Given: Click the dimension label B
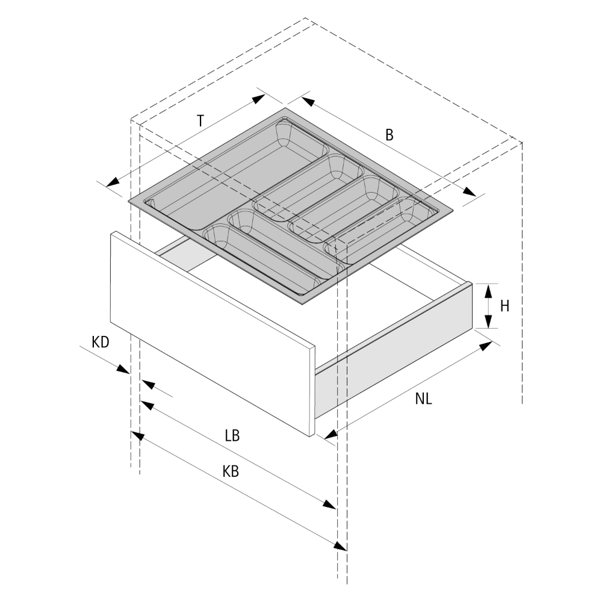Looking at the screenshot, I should [389, 135].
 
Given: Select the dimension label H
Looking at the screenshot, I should [504, 306].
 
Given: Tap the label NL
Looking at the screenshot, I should [424, 399].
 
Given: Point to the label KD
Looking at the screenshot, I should [101, 343].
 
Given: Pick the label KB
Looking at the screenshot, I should [231, 472].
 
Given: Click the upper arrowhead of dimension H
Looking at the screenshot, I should [488, 290].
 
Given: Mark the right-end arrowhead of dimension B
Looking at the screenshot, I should [470, 191].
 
